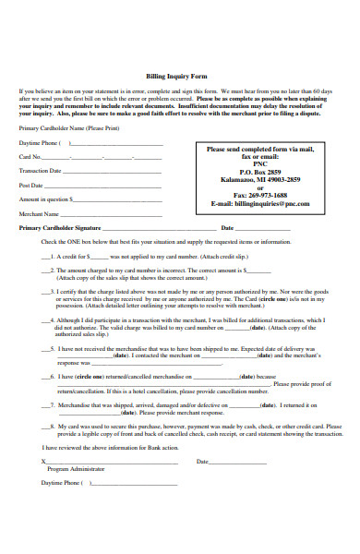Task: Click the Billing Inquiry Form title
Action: tap(180, 77)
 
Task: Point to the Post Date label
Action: tap(31, 185)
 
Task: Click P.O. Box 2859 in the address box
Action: tap(260, 173)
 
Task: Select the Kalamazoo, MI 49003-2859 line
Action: tap(260, 180)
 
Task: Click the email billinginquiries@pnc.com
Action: tap(260, 203)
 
